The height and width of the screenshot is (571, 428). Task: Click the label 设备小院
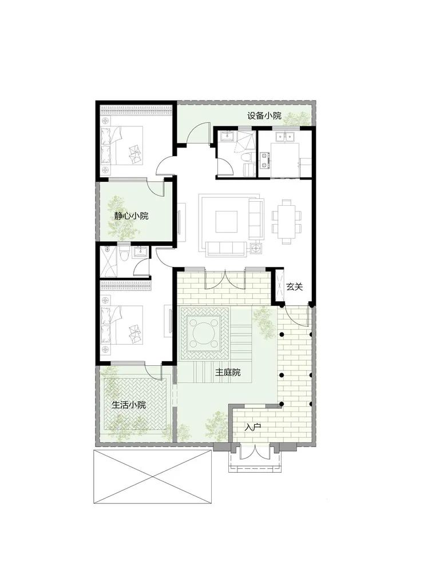click(264, 116)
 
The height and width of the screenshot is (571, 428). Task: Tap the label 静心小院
click(132, 216)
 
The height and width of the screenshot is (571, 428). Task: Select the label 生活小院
click(129, 405)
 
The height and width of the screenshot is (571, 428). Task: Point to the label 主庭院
click(228, 373)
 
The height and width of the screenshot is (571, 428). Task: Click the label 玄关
click(295, 286)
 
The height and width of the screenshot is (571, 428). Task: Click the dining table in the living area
click(287, 221)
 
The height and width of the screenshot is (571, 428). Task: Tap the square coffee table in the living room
click(226, 221)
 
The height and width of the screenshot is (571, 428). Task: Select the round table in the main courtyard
click(204, 333)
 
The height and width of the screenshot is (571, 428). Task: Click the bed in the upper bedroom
click(122, 145)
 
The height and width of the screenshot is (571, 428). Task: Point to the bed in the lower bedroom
click(122, 325)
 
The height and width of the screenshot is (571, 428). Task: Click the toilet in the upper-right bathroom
click(248, 157)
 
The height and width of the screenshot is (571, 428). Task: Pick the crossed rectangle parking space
click(153, 477)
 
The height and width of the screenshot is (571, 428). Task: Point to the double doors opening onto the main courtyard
click(226, 279)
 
